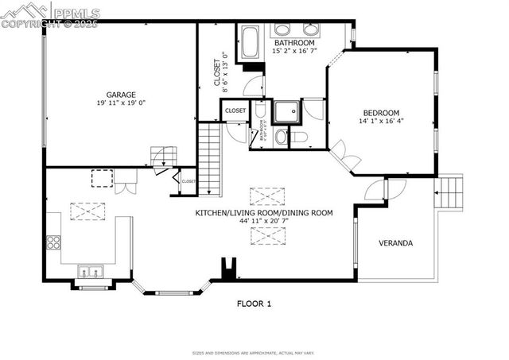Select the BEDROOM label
point(381,113)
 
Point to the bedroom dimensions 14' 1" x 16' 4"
point(381,122)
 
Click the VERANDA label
point(394,243)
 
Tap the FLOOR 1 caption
point(254,304)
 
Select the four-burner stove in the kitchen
point(53,242)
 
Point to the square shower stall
point(286,112)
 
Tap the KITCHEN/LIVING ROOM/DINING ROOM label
point(264,213)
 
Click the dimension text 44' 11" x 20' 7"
point(264,223)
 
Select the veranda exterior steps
point(449,192)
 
